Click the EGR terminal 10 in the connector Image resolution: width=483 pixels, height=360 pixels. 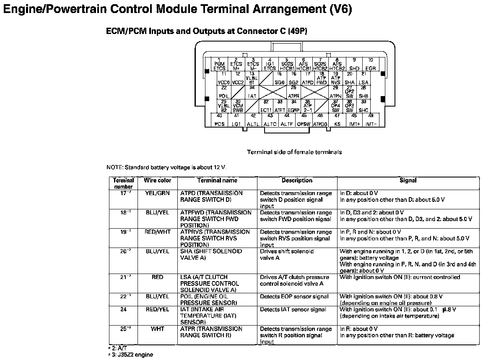(370, 65)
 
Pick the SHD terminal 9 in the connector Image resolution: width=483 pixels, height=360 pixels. (354, 65)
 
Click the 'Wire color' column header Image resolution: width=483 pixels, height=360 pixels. (158, 181)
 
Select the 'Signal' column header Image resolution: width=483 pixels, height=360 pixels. (408, 181)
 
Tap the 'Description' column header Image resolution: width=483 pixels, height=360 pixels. (297, 181)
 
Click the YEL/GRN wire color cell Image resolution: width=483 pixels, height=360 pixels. (158, 193)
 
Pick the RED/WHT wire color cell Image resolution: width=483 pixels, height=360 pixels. (158, 232)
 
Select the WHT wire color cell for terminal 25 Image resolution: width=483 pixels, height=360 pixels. (158, 329)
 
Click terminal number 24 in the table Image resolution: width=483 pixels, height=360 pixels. (123, 310)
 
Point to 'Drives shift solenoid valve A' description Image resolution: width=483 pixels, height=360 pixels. (287, 255)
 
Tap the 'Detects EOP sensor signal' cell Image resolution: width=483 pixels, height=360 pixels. (294, 297)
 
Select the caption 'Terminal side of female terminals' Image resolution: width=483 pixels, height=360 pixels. (294, 152)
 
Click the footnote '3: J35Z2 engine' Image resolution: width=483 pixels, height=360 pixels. (131, 355)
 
